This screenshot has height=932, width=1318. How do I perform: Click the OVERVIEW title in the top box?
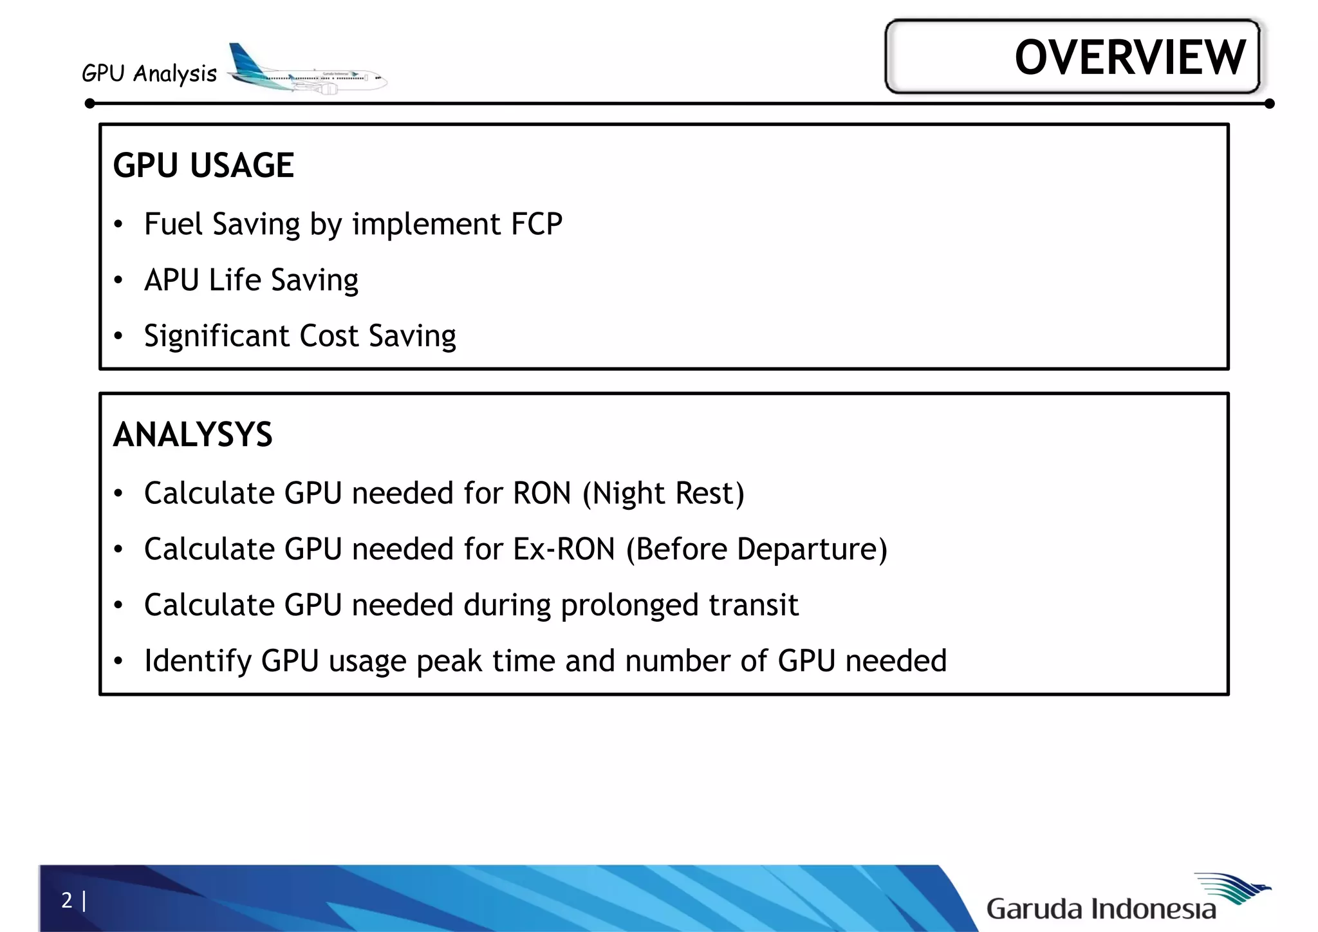[x=1129, y=57]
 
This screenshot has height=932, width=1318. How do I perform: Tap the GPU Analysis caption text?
[x=149, y=73]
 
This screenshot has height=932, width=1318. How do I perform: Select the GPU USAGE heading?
[x=203, y=165]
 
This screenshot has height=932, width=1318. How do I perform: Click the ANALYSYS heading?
[x=192, y=434]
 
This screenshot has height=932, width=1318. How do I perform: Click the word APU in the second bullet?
[x=171, y=280]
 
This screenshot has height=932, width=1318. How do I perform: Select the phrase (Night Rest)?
[x=663, y=494]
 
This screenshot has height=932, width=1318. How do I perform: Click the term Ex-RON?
[x=564, y=549]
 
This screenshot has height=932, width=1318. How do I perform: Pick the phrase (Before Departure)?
[x=756, y=550]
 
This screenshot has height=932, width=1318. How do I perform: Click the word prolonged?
[x=629, y=606]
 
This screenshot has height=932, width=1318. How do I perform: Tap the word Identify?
[x=198, y=662]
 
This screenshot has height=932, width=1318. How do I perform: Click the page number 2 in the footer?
[x=67, y=900]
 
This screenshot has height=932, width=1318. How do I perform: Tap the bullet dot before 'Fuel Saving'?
[x=118, y=225]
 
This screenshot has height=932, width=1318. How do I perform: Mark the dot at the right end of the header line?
[x=1269, y=104]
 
